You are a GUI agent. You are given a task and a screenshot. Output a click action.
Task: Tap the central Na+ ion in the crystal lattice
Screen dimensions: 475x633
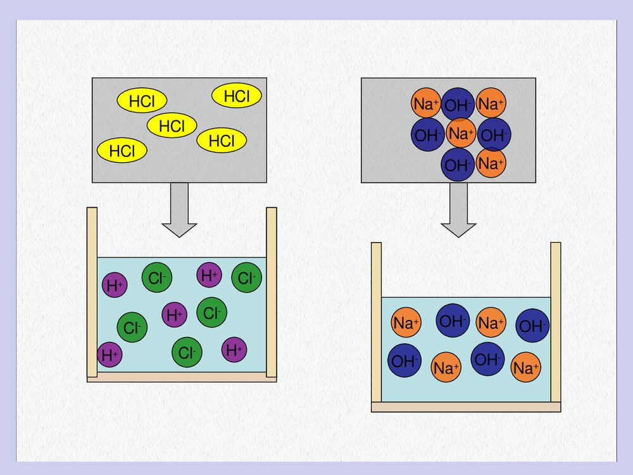460,134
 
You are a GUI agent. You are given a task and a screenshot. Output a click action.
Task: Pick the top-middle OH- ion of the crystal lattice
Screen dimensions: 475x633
458,104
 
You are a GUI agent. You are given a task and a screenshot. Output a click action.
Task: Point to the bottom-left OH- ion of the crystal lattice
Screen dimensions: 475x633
428,134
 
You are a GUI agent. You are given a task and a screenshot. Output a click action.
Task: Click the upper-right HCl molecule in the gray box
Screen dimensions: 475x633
237,96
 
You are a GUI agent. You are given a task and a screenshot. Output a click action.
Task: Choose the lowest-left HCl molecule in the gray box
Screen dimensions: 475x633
122,151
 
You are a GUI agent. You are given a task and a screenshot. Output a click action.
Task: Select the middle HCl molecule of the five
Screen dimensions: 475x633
172,125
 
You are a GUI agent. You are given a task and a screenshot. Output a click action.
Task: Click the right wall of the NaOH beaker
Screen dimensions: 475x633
556,322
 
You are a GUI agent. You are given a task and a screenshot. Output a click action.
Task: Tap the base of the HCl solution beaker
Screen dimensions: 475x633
182,377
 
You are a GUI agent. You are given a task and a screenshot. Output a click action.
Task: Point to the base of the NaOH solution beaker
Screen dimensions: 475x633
466,407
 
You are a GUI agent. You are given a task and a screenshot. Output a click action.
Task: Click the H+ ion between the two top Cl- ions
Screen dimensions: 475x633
210,275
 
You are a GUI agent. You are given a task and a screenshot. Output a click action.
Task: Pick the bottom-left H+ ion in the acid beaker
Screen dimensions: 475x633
110,355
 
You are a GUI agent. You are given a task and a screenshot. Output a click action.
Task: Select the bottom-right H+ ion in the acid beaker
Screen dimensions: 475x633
234,350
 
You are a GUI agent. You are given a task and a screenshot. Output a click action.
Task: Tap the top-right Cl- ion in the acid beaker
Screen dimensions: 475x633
246,277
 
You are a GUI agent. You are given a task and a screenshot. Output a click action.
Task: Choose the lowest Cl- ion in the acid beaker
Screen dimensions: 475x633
187,353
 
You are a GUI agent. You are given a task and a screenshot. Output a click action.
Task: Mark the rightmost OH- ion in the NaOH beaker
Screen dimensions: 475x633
532,326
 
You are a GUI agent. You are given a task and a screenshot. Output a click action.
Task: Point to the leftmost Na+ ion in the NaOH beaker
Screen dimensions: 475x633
406,323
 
